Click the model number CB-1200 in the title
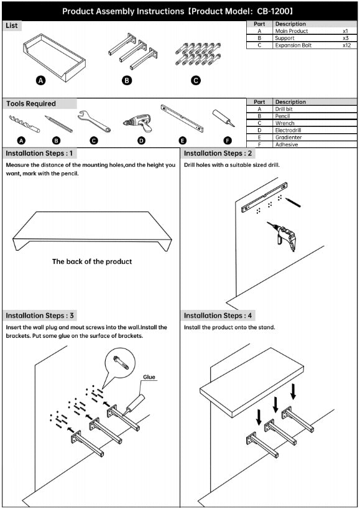(272, 11)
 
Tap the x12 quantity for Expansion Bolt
(346, 45)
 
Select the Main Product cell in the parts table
(291, 31)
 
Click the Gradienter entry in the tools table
(288, 138)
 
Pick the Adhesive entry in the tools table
(287, 144)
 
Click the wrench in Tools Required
(94, 121)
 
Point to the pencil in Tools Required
(58, 124)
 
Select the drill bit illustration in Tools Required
(24, 124)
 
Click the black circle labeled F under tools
(228, 141)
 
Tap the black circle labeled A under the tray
(40, 80)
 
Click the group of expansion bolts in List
(198, 54)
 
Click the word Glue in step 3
(149, 377)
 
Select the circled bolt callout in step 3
(119, 363)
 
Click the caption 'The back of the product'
(92, 261)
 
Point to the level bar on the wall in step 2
(264, 197)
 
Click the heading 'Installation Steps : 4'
(218, 315)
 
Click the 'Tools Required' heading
(31, 103)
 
